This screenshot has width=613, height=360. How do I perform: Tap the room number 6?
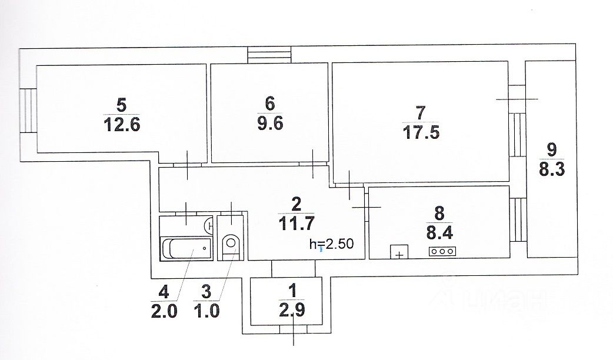tap(270, 104)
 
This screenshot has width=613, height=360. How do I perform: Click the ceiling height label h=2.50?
tap(332, 244)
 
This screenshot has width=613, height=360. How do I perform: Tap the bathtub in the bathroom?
tap(186, 249)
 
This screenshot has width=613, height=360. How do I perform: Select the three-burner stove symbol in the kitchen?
tap(442, 251)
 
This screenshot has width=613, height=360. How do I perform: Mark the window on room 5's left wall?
tap(28, 110)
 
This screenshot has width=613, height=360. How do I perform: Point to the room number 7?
tap(419, 111)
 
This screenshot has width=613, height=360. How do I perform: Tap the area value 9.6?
tap(270, 124)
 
